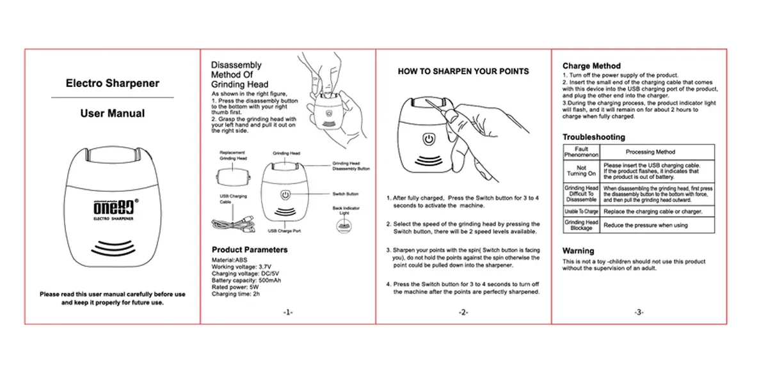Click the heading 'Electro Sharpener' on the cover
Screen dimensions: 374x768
113,83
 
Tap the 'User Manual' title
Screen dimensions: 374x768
113,114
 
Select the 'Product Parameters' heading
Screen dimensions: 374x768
250,249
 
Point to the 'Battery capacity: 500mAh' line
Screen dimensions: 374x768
246,281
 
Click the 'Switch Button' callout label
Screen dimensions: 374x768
346,194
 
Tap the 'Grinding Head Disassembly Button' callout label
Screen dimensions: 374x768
351,166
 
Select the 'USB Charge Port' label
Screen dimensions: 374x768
284,231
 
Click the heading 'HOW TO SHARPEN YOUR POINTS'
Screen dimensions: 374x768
463,71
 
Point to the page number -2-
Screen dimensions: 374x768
463,312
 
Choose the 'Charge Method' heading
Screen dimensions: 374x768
591,66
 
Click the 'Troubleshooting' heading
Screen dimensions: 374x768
594,137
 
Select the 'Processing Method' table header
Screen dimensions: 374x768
650,152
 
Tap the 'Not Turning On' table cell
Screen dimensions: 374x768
581,170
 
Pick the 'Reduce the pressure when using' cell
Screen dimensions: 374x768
646,225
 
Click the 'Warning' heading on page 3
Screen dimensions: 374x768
579,251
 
